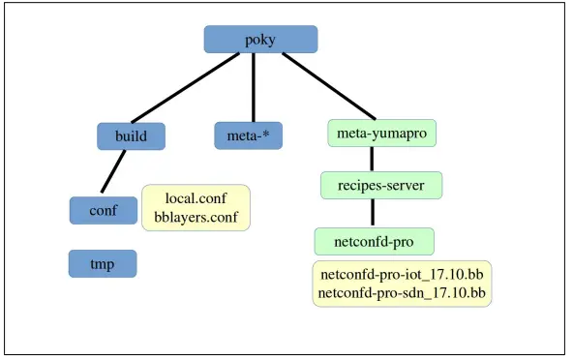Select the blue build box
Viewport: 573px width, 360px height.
click(x=132, y=135)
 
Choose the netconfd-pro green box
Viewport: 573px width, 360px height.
click(x=374, y=240)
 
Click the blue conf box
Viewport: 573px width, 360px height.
click(x=103, y=209)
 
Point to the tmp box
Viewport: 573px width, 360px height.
click(x=103, y=262)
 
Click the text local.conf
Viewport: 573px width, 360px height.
click(x=196, y=198)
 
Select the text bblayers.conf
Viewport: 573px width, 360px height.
click(x=196, y=217)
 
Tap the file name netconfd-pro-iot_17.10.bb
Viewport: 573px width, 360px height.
click(x=402, y=274)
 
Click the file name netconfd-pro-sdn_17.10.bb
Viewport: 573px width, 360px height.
click(x=402, y=292)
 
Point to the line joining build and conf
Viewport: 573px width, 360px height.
click(x=114, y=172)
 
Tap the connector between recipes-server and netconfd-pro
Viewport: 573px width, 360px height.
click(x=374, y=212)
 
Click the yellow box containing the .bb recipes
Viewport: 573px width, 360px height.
click(x=402, y=284)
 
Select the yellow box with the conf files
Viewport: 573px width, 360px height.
click(x=196, y=208)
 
